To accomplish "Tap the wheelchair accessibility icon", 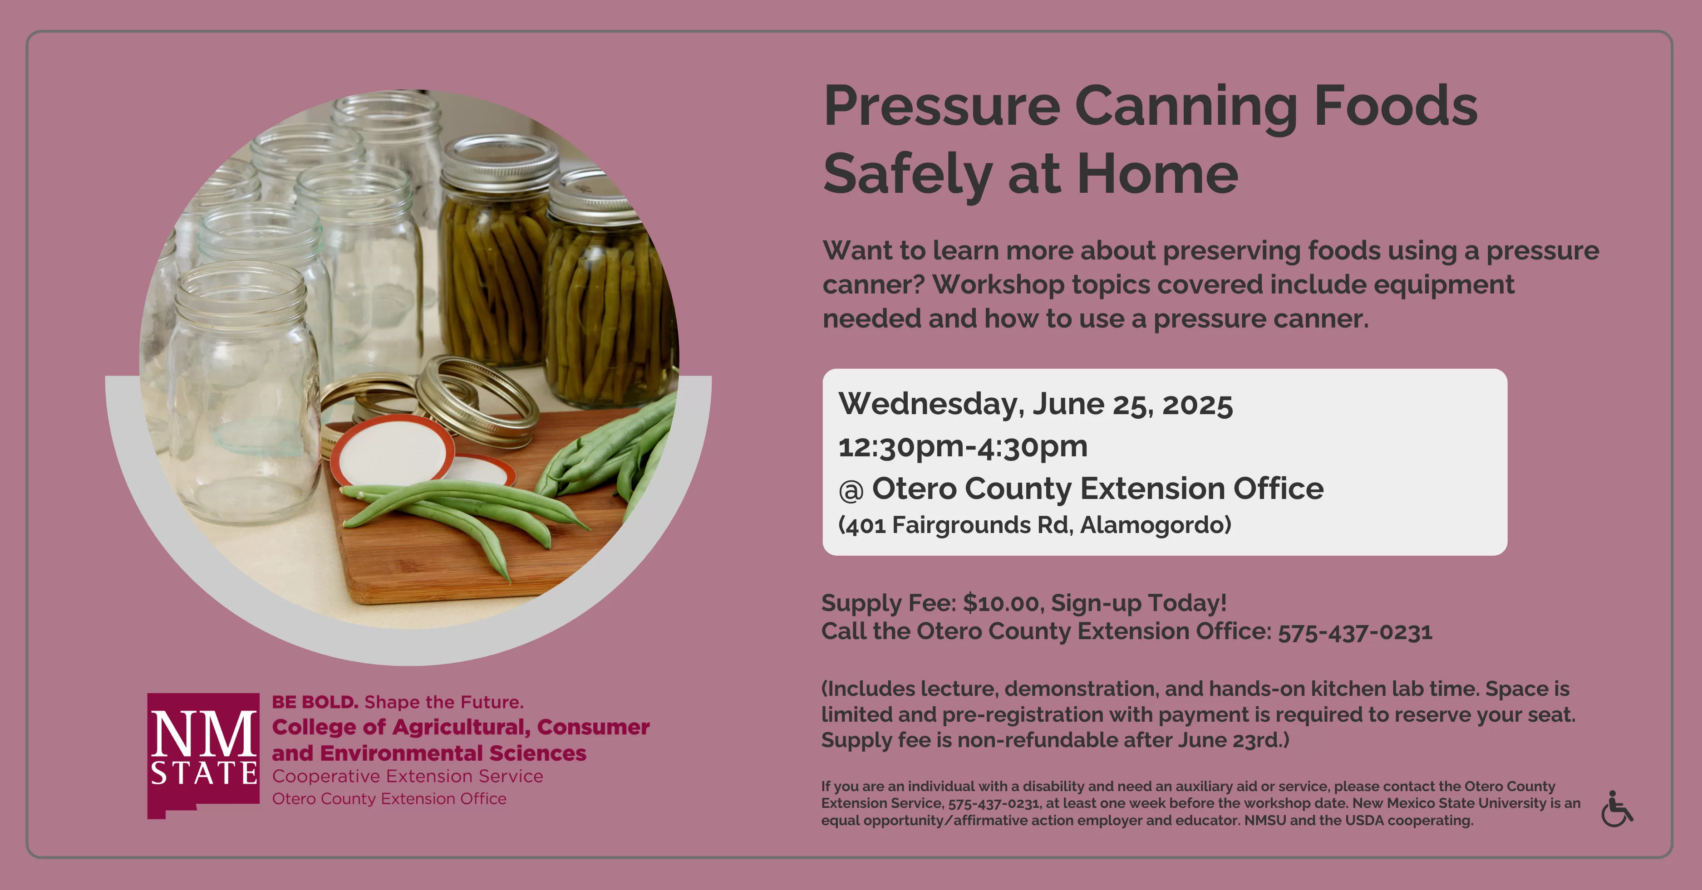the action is [x=1616, y=809].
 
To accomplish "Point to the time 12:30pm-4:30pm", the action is [x=963, y=447].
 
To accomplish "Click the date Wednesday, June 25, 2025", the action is [x=1035, y=404].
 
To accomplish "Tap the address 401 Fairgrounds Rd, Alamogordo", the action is [x=1035, y=526].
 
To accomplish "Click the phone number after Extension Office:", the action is [x=1355, y=632].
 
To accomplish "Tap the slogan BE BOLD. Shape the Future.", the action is [x=398, y=702].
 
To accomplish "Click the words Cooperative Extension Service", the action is [x=408, y=777].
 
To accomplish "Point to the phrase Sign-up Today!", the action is [x=1138, y=603].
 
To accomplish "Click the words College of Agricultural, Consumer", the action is [x=461, y=727].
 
